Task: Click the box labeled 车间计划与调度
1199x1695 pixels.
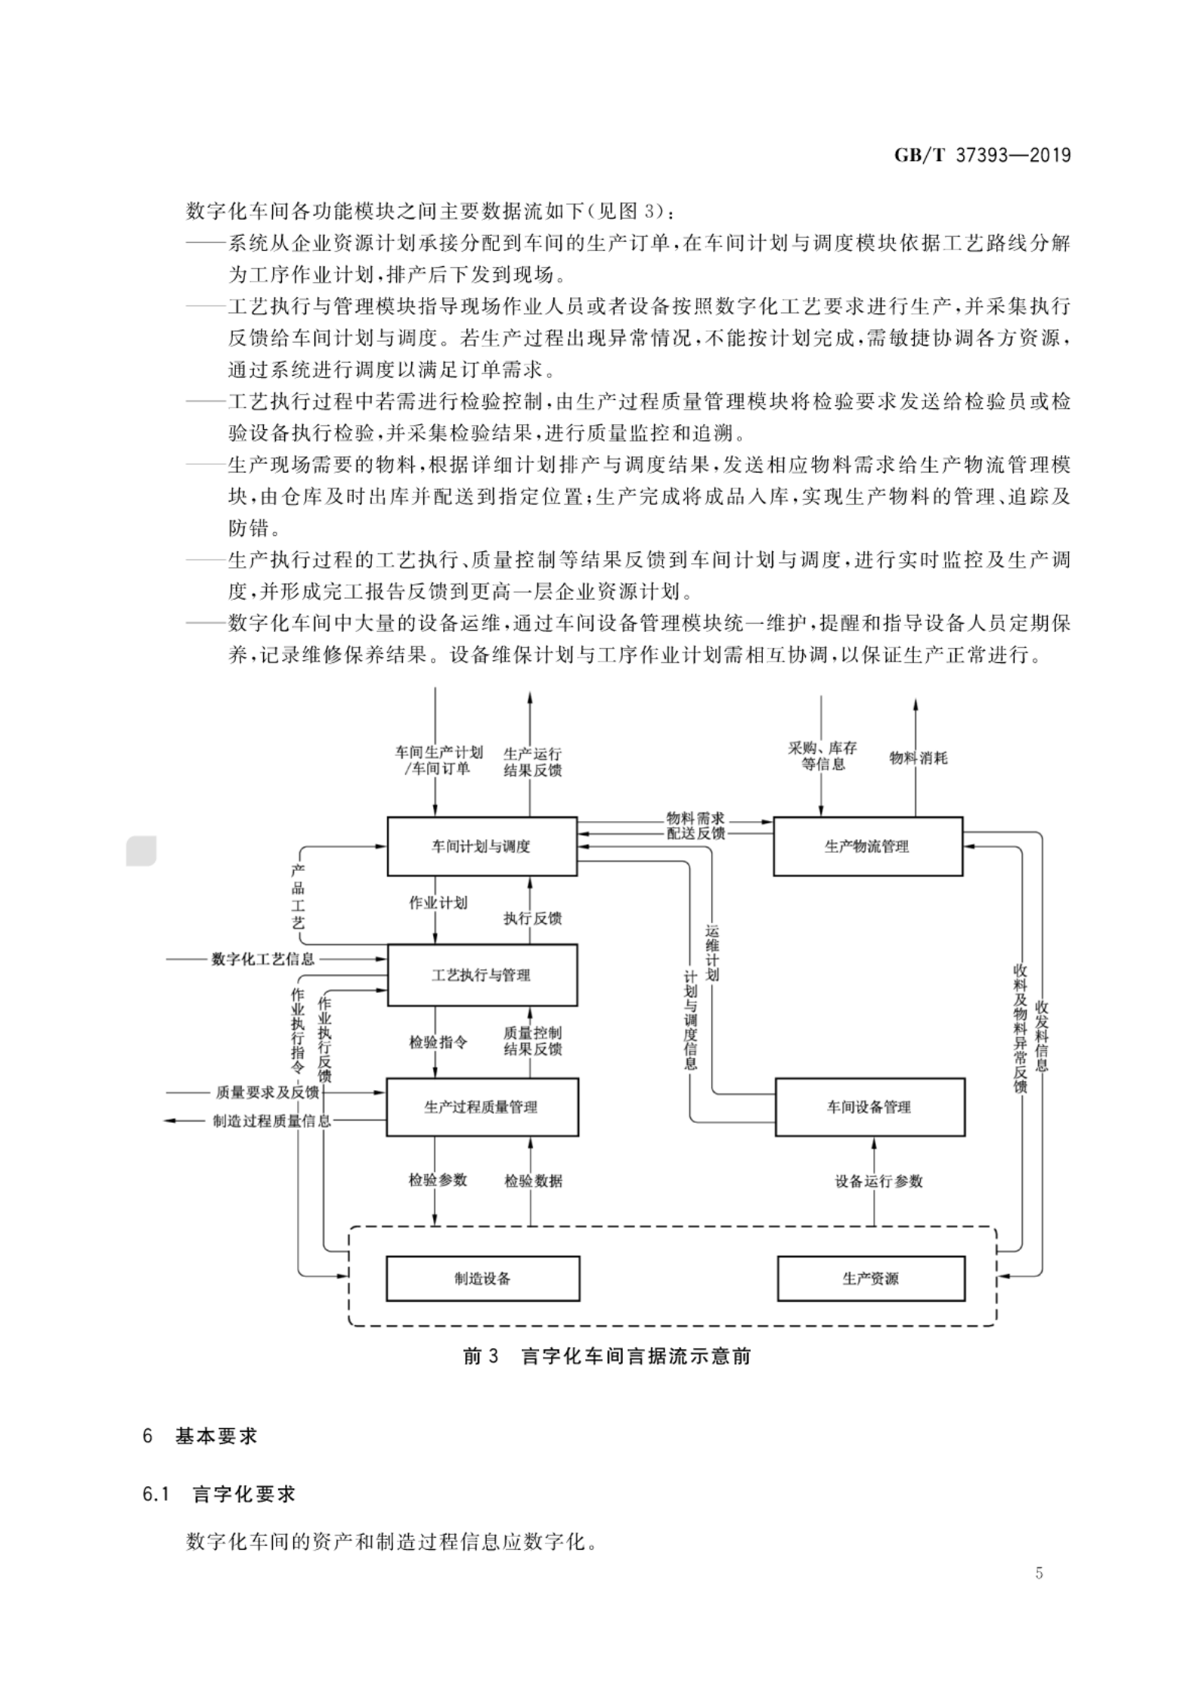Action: pyautogui.click(x=482, y=846)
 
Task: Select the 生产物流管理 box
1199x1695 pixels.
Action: pyautogui.click(x=867, y=846)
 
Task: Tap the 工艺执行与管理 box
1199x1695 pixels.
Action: pyautogui.click(x=482, y=975)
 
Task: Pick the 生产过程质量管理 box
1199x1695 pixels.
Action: pyautogui.click(x=482, y=1107)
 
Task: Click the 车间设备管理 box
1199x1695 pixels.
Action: pyautogui.click(x=869, y=1107)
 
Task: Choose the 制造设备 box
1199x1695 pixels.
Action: pyautogui.click(x=482, y=1278)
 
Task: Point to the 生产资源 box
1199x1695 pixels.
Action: pyautogui.click(x=871, y=1278)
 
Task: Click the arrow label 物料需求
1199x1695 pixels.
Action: pyautogui.click(x=696, y=818)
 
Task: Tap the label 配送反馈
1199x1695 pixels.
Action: pyautogui.click(x=696, y=833)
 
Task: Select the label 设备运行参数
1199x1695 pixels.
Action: pyautogui.click(x=878, y=1181)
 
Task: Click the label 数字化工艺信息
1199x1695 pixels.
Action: pyautogui.click(x=263, y=959)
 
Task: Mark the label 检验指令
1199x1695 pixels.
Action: pyautogui.click(x=438, y=1042)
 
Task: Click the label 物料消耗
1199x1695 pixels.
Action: pyautogui.click(x=918, y=758)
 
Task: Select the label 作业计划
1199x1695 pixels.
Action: pyautogui.click(x=438, y=903)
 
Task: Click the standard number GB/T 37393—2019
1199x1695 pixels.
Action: pyautogui.click(x=983, y=155)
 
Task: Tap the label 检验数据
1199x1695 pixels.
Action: pyautogui.click(x=534, y=1181)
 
